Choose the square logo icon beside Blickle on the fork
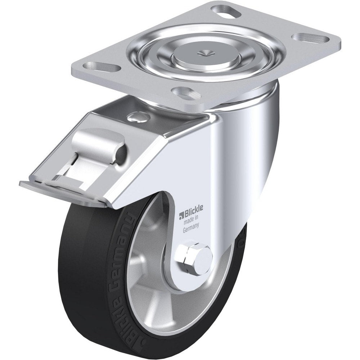pyautogui.click(x=182, y=216)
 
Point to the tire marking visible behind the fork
pyautogui.click(x=240, y=239)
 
